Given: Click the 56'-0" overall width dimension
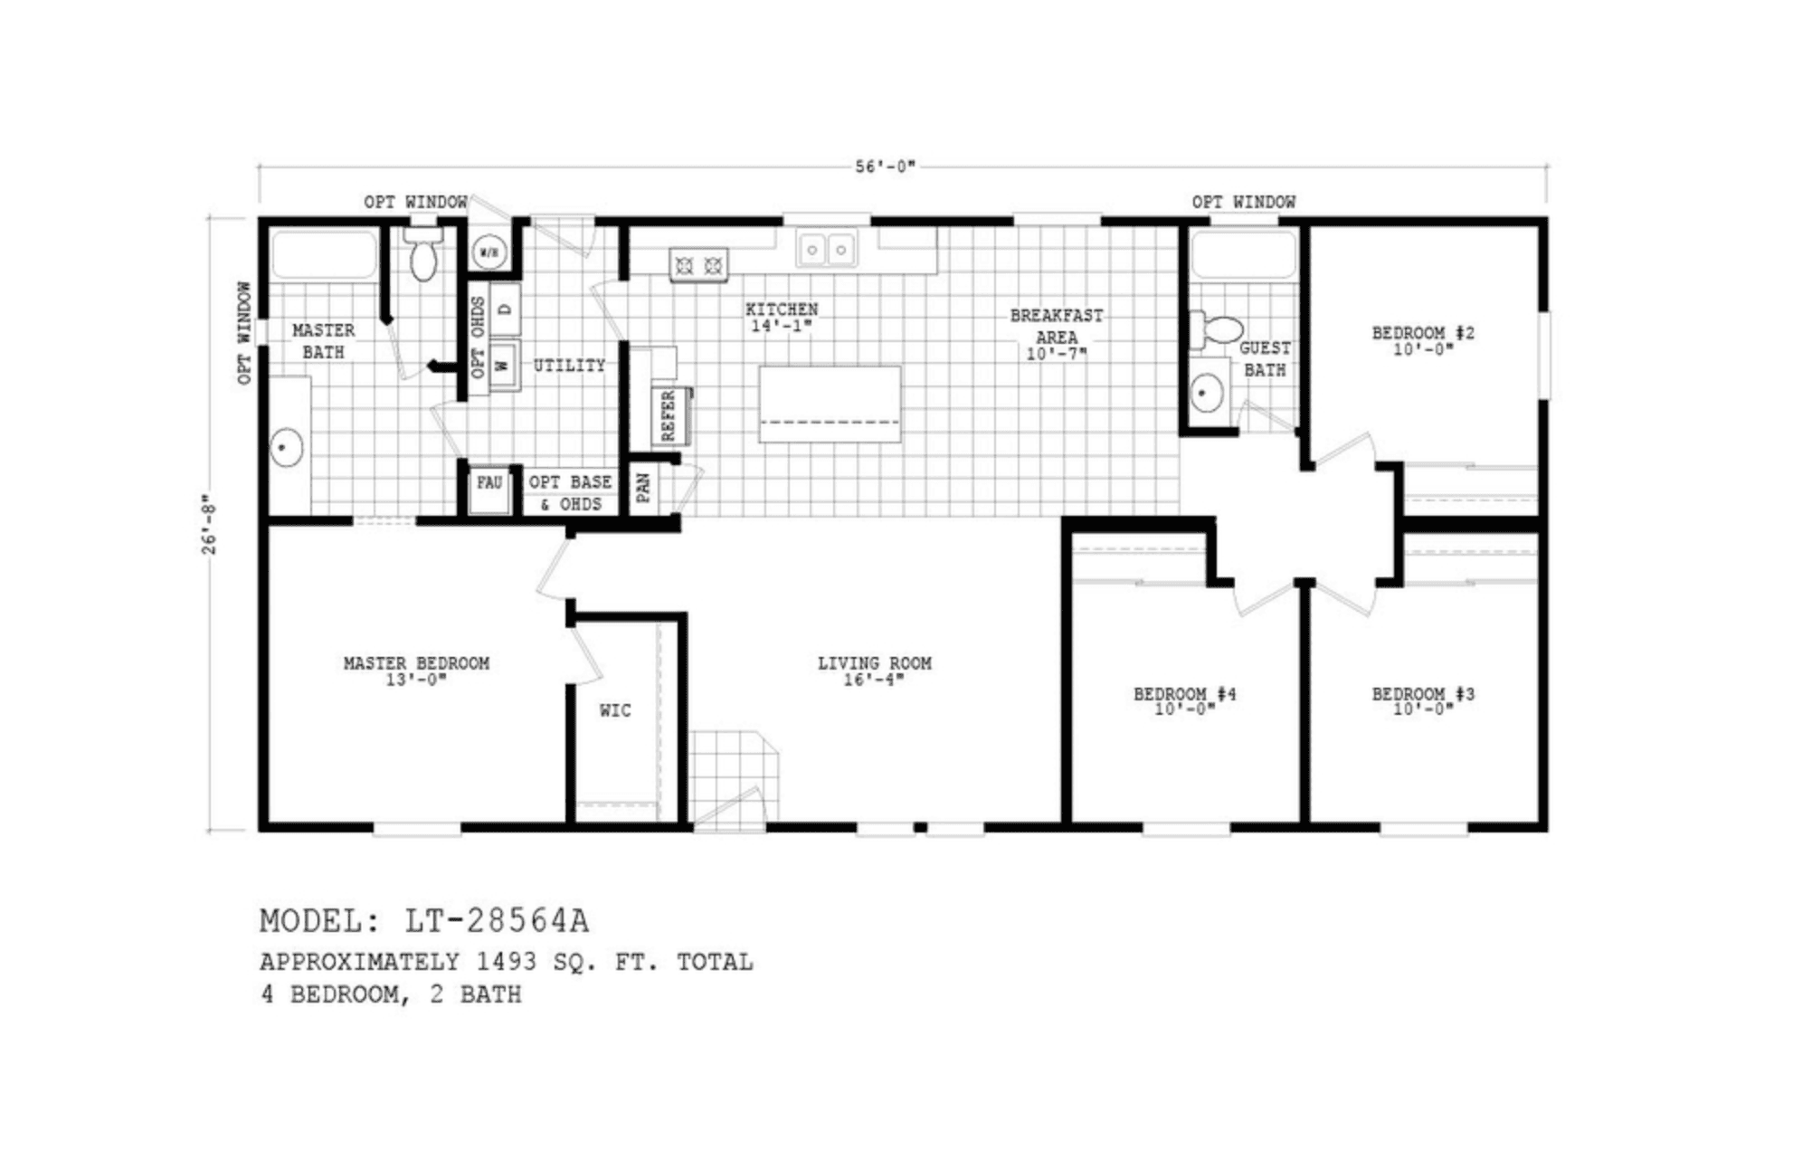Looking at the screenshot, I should (885, 167).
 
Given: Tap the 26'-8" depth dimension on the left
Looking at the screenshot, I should (209, 524).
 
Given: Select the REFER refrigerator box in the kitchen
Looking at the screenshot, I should (669, 416).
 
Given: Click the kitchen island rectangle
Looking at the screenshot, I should (830, 404).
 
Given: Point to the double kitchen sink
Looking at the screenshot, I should (826, 249).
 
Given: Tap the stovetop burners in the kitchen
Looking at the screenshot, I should (698, 265).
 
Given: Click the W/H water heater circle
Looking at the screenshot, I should (489, 252).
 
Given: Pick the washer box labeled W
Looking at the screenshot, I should (504, 366).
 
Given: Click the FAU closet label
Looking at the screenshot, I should (489, 483).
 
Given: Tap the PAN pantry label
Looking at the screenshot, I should (643, 488).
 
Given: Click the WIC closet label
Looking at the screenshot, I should (615, 711).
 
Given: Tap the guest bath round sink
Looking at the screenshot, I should (1207, 393).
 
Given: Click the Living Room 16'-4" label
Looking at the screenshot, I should (874, 671).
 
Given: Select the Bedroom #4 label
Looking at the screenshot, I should (1184, 694).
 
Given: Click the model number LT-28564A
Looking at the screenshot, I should (497, 921).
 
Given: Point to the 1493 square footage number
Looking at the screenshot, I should (507, 962).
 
